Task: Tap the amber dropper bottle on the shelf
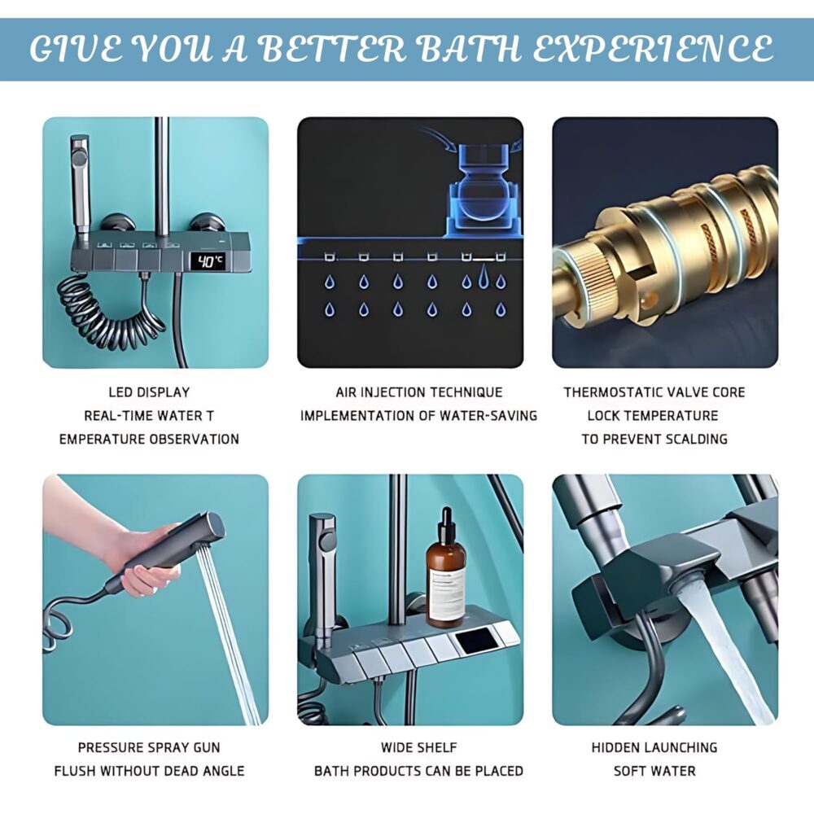[445, 568]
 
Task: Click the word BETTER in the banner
[331, 50]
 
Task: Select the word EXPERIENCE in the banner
[653, 50]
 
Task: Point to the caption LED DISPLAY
[149, 392]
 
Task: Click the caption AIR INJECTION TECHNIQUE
[419, 392]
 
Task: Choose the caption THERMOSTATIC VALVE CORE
[654, 392]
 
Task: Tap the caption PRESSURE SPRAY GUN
[149, 747]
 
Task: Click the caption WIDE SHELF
[419, 747]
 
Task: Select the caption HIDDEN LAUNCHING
[654, 747]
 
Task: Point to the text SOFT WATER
[654, 771]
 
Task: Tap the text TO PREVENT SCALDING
[654, 440]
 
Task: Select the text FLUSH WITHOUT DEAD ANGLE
[149, 771]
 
